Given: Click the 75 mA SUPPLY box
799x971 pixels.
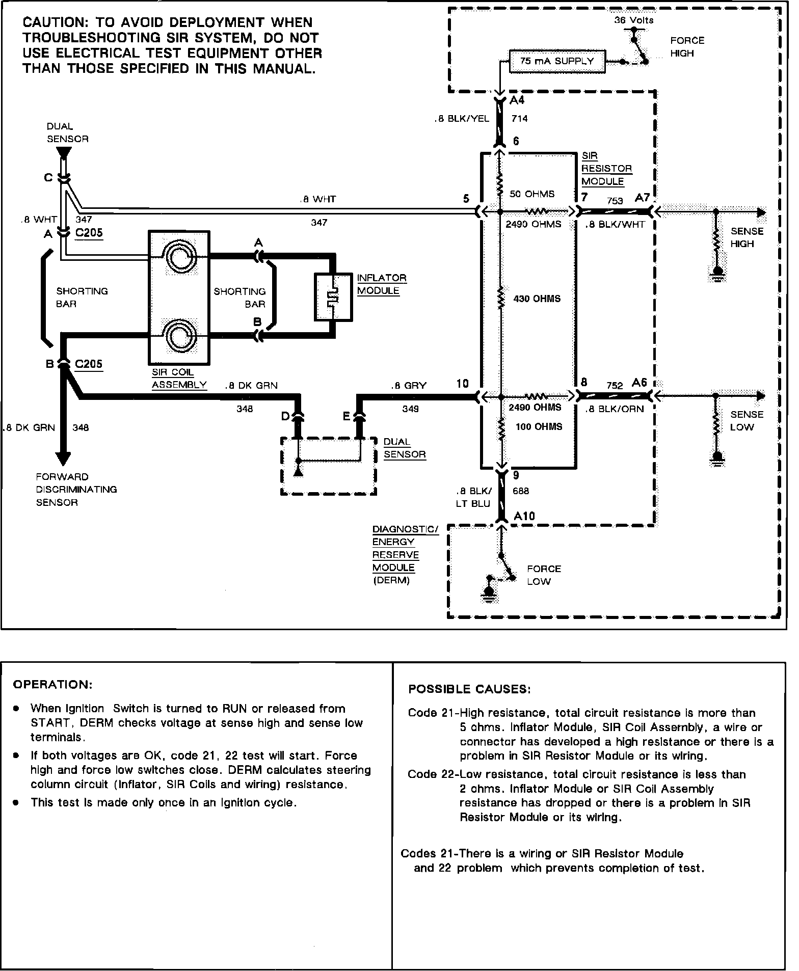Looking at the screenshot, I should [557, 61].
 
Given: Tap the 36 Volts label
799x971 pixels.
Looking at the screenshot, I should [633, 20].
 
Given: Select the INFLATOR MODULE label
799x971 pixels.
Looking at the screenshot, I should [381, 284].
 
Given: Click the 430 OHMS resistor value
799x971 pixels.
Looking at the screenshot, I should [537, 299].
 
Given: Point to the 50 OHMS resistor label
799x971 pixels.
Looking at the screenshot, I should [532, 194].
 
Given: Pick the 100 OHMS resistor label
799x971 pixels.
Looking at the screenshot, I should [539, 427].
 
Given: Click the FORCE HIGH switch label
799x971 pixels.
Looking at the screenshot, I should [687, 47].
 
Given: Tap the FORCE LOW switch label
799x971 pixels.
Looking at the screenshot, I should [543, 575].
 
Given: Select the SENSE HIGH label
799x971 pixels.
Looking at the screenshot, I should [747, 237].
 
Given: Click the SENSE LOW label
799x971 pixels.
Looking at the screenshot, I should [747, 421].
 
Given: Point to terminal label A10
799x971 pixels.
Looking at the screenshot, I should [524, 516].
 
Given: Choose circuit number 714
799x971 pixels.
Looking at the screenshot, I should [519, 119].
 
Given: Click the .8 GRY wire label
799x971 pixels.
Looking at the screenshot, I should [409, 386].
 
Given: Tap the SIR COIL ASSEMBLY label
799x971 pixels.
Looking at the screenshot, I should [179, 379].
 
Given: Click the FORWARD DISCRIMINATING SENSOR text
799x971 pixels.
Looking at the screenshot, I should [76, 490].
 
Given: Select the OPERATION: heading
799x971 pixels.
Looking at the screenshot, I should [52, 684].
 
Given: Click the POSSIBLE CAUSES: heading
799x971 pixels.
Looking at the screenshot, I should [469, 689].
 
